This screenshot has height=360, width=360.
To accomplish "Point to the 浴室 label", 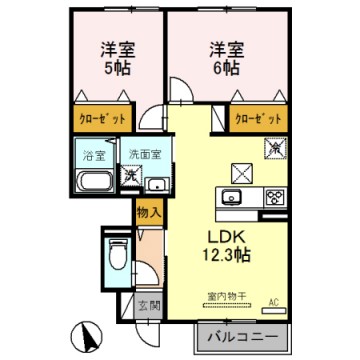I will (91, 156).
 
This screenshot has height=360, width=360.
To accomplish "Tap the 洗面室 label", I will (142, 155).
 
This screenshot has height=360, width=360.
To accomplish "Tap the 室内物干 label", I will (226, 296).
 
